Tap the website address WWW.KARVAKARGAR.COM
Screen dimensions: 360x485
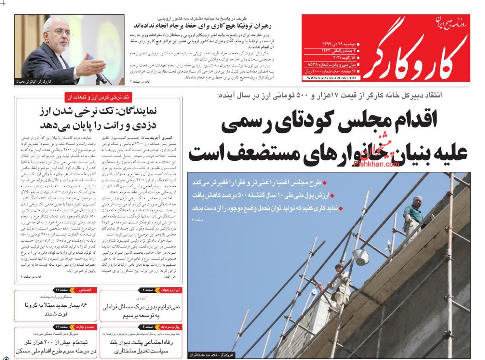[331, 78]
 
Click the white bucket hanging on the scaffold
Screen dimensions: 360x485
[361, 257]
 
